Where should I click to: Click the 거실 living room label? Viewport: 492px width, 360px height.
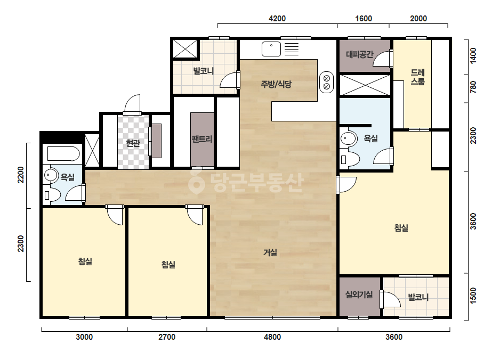(x=270, y=252)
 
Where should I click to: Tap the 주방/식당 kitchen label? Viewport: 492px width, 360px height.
(x=276, y=84)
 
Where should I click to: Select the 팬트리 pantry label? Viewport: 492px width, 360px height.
(x=202, y=139)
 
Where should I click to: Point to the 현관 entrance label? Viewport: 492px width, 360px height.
(x=133, y=143)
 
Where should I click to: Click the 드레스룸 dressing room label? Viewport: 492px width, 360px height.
(x=417, y=77)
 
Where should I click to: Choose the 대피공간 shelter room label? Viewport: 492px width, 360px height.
(x=360, y=54)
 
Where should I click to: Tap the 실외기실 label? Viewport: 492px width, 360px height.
(x=359, y=294)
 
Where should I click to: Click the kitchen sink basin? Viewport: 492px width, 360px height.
(x=271, y=49)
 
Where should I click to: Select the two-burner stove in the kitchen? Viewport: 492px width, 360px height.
(x=326, y=82)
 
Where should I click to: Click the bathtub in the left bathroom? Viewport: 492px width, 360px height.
(x=63, y=154)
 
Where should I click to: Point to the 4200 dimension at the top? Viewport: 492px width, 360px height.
(x=277, y=19)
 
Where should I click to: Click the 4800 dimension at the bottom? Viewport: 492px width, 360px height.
(x=272, y=337)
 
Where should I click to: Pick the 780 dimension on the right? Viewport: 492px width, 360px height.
(x=473, y=87)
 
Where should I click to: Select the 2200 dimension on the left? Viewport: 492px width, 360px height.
(x=21, y=175)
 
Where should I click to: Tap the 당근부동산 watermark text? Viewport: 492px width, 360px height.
(x=246, y=183)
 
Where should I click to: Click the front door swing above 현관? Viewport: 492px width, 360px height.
(x=132, y=103)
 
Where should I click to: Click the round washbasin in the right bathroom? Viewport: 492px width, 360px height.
(x=348, y=138)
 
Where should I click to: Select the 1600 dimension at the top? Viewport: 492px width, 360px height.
(x=364, y=19)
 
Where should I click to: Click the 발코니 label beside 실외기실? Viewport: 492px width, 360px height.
(x=418, y=297)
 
